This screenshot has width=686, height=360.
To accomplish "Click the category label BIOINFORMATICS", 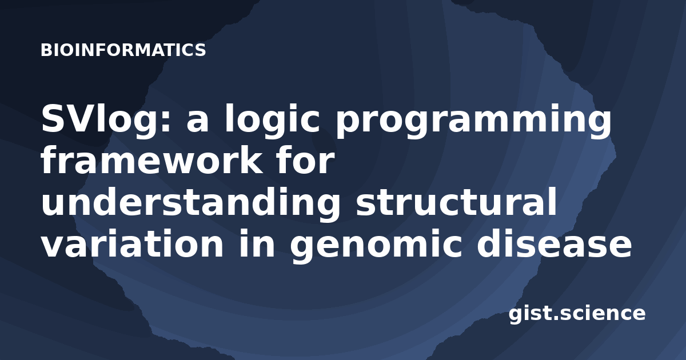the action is (x=123, y=50).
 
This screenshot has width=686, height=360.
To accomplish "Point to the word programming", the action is (x=473, y=120).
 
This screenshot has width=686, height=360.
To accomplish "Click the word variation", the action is (x=132, y=243).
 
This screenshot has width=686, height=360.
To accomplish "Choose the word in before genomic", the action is (x=257, y=243).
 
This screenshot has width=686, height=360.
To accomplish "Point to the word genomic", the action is (x=376, y=246).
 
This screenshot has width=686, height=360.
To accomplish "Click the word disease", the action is (x=554, y=243).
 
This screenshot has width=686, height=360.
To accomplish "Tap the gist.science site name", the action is (x=577, y=314).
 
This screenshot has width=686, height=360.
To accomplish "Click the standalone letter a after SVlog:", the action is (x=198, y=123).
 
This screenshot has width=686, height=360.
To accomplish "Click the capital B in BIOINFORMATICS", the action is (x=46, y=50).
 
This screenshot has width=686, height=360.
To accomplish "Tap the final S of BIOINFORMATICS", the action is (x=200, y=50).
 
